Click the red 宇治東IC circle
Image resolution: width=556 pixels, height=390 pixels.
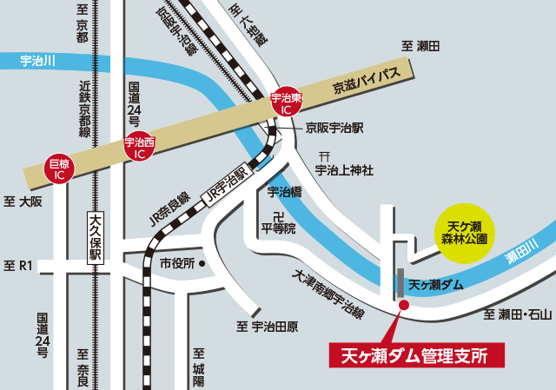point(286,104)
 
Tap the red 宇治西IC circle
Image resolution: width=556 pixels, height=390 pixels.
point(139,146)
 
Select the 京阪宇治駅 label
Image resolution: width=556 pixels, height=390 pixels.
point(334,127)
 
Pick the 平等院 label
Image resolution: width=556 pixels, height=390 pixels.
point(279,228)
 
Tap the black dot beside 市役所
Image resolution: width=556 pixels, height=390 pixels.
point(202,262)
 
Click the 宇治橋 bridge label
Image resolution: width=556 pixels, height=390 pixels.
point(284,192)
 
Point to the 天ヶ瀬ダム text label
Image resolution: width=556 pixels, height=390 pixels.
point(435,284)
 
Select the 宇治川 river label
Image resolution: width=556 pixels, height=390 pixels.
point(37,61)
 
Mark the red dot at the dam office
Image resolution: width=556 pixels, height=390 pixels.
point(403,304)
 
